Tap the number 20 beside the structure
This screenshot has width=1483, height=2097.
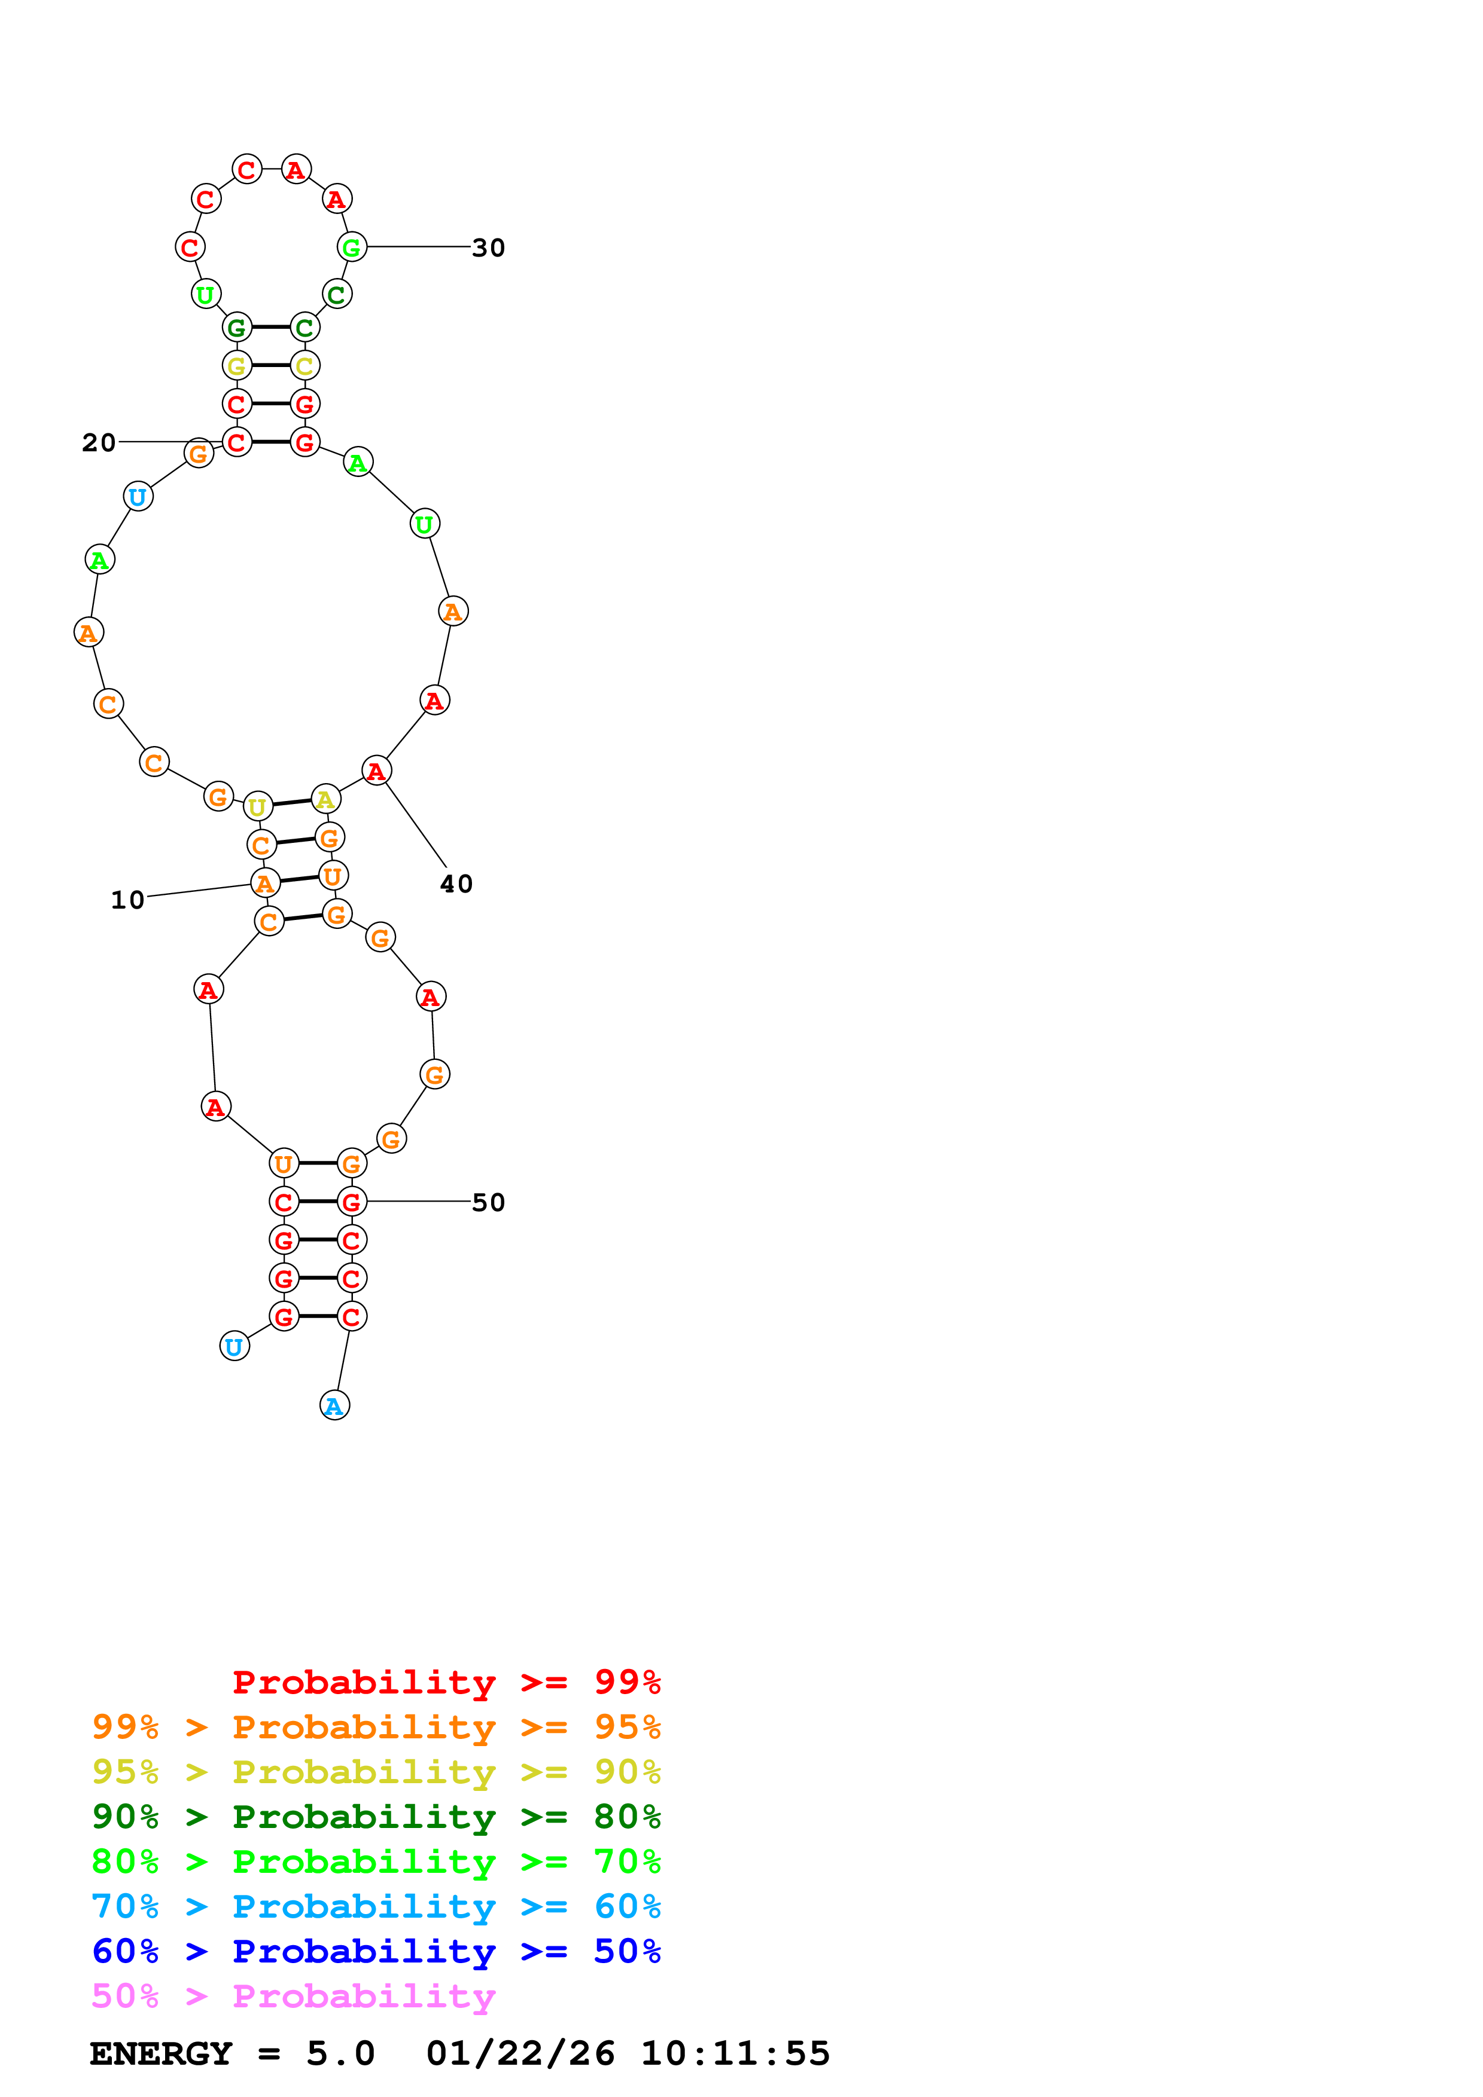(99, 443)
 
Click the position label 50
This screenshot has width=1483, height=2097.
(488, 1202)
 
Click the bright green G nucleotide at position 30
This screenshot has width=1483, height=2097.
(352, 247)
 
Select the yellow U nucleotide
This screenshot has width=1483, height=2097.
(258, 806)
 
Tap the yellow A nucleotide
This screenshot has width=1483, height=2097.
(325, 799)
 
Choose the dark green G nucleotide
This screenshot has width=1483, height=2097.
(237, 327)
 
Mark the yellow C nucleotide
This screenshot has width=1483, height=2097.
(304, 365)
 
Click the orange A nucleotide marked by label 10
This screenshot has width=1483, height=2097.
(265, 883)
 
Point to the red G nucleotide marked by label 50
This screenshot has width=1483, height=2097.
(352, 1202)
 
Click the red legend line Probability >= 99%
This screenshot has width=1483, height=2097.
(446, 1682)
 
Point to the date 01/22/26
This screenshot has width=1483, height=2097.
(520, 2054)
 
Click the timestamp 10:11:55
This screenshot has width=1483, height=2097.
(735, 2054)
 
